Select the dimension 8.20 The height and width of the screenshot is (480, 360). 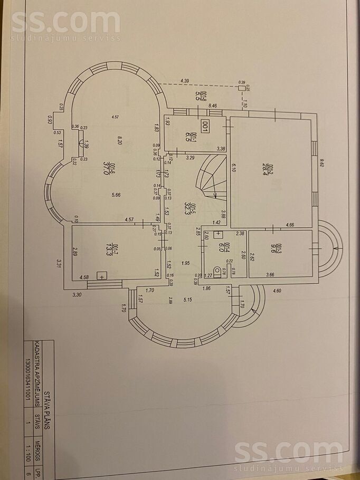click(121, 140)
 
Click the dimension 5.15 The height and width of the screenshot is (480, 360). click(187, 300)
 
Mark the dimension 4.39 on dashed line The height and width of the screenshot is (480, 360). click(185, 81)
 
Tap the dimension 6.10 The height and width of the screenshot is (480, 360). click(233, 168)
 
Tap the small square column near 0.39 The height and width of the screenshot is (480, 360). click(242, 88)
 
